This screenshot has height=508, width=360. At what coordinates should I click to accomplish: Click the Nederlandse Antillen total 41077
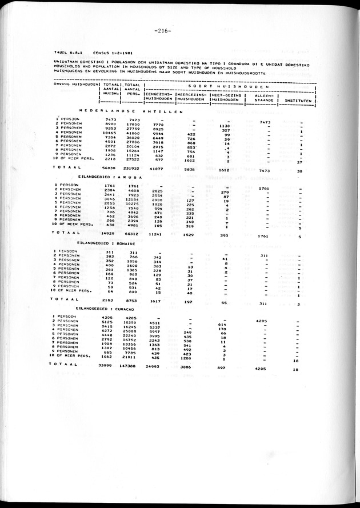coord(158,169)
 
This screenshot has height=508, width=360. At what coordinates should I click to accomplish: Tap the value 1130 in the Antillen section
coord(225,126)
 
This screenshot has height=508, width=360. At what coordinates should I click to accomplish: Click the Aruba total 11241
coord(158,234)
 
